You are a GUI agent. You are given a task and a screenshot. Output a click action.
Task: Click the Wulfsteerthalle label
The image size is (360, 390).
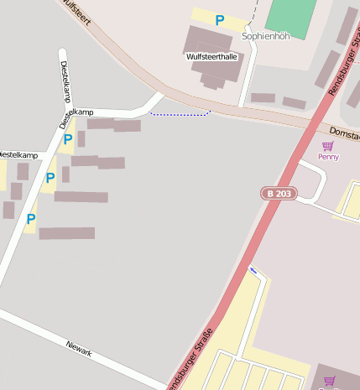[x=211, y=57]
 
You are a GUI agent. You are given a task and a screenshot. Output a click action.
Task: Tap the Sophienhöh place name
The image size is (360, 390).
[x=265, y=37]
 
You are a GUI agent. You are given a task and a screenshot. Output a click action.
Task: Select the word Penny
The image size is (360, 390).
[x=328, y=157]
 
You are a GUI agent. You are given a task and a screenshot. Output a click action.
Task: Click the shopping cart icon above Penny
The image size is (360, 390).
[x=327, y=146]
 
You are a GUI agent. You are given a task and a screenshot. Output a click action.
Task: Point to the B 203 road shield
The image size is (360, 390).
[x=279, y=194]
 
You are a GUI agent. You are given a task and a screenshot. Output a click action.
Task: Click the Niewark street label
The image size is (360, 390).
[x=79, y=348]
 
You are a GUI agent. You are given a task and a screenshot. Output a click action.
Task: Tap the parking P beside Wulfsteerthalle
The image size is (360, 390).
[x=220, y=20]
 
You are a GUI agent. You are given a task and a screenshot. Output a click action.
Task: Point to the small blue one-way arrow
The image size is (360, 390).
[x=253, y=270]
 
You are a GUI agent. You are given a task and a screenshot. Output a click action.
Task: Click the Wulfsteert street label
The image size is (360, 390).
[x=76, y=13]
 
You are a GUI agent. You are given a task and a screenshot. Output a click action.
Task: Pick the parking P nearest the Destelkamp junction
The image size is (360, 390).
[x=67, y=139]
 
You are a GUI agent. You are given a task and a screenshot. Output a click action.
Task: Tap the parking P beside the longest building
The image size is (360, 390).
[x=31, y=219]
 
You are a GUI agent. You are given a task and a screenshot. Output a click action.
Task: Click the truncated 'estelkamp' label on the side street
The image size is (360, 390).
[x=18, y=156]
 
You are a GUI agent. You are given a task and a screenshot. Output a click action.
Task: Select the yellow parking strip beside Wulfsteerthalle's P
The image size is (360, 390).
[x=201, y=16]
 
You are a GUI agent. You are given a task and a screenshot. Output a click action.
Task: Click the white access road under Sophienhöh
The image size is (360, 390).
[x=247, y=80]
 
